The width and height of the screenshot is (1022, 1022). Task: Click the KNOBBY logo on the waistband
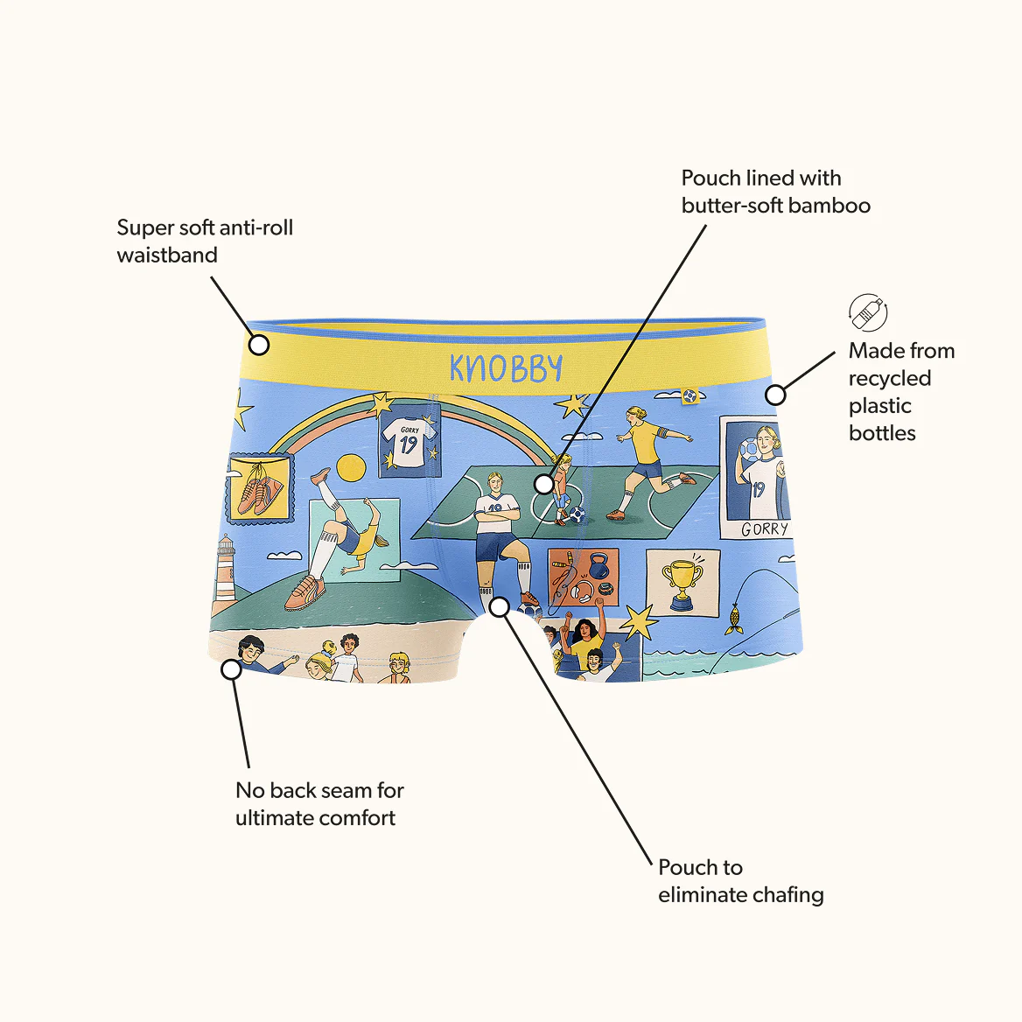pos(506,369)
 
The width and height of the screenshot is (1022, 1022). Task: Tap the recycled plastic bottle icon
pos(867,312)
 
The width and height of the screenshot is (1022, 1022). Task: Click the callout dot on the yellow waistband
pos(259,345)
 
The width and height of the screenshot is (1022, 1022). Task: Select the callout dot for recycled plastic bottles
pos(775,395)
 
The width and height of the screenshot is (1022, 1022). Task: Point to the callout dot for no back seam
pos(231,669)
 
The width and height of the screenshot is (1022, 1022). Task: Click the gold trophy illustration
pos(682,584)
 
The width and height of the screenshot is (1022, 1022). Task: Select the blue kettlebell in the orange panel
pos(598,566)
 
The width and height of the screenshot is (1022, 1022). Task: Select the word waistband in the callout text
pos(167,255)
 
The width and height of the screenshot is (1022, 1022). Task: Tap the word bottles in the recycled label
pos(882,433)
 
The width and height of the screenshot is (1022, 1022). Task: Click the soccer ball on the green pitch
pos(577,514)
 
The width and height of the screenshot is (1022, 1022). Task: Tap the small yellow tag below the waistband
pos(689,396)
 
